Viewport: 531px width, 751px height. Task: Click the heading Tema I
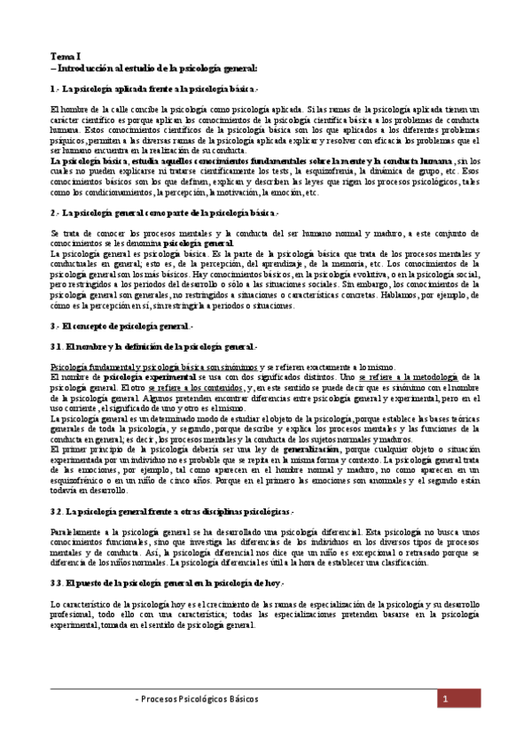pos(65,55)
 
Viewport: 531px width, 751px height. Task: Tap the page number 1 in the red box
pos(444,699)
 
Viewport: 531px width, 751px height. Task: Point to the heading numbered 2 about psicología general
pos(164,213)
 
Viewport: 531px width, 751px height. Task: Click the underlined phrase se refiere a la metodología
pos(413,377)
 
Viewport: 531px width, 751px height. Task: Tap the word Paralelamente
pos(78,530)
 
